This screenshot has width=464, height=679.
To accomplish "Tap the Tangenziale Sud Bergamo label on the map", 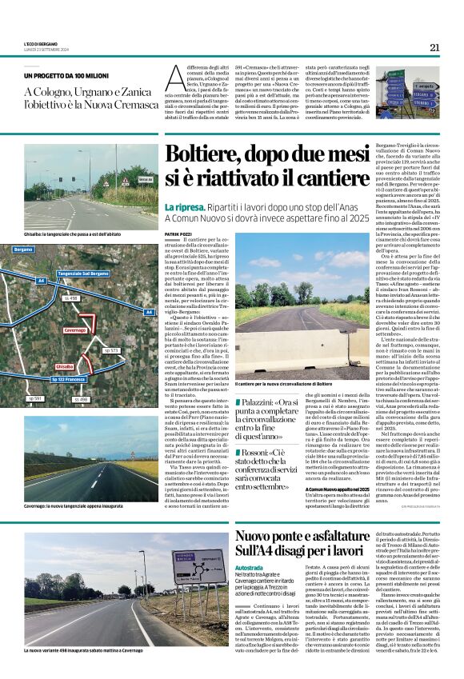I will (x=83, y=274).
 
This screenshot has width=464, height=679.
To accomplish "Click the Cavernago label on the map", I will (x=75, y=330).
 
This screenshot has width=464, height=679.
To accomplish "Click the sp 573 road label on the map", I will (x=110, y=350).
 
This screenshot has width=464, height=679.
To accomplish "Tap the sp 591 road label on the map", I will (x=35, y=397).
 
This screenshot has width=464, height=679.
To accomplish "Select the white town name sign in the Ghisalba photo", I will (x=145, y=179).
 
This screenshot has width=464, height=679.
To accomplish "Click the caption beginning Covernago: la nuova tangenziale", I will (x=74, y=505).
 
